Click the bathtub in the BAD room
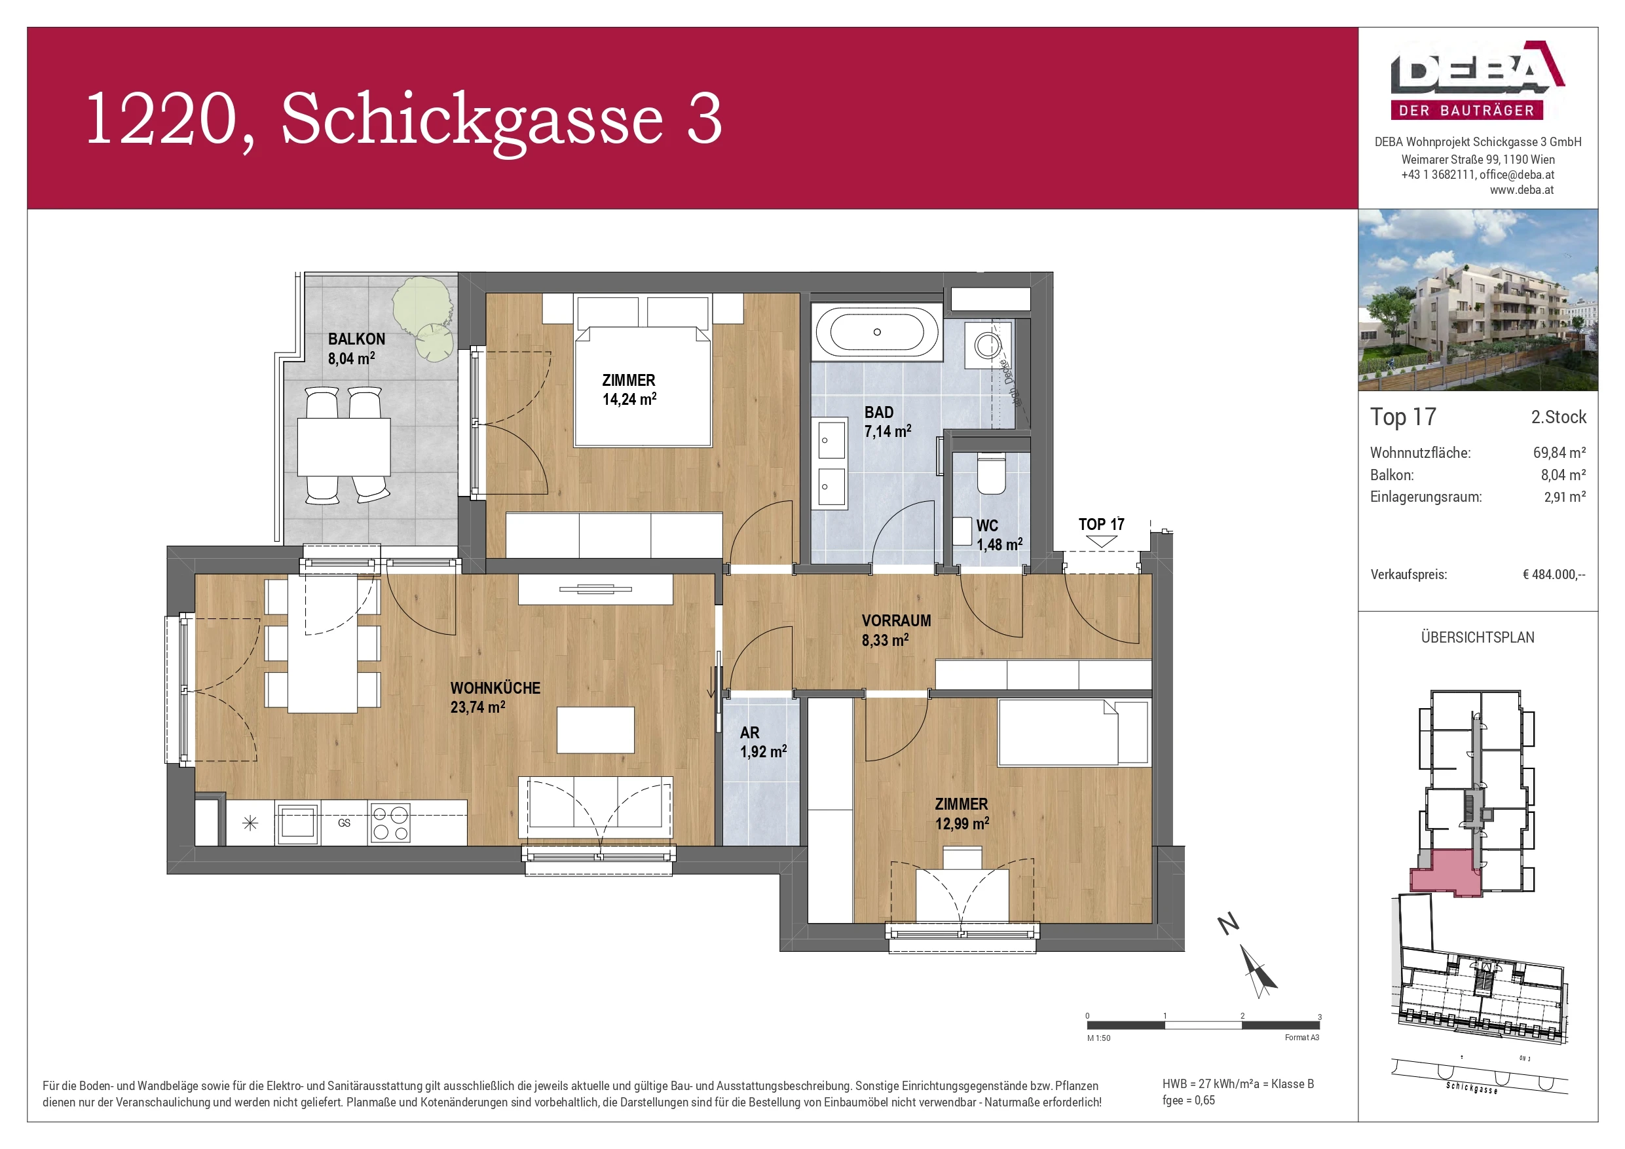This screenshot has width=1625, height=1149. [x=876, y=332]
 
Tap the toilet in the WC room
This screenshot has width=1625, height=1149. [x=991, y=474]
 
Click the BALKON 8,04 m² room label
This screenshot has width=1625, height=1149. [x=356, y=349]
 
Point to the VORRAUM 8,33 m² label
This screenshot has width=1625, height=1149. [x=895, y=630]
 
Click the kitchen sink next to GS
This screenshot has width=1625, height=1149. [x=297, y=823]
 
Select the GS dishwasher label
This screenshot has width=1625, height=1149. [x=344, y=823]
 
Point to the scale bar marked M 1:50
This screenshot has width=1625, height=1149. [x=1203, y=1025]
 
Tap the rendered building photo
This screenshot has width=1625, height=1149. [x=1477, y=300]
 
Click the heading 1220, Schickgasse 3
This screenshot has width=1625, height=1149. [x=403, y=119]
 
